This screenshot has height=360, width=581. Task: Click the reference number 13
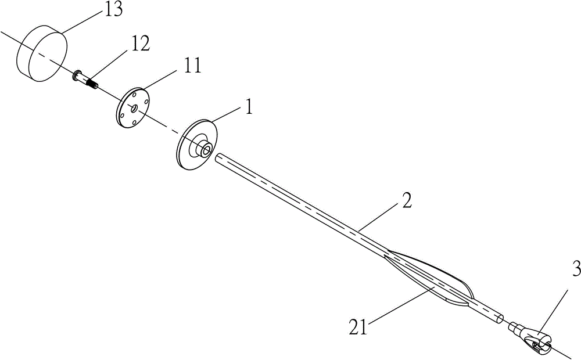point(113,10)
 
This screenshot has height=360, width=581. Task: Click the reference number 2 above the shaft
point(407,200)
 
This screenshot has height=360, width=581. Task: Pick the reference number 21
point(358,327)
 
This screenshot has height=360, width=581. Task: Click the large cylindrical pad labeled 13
point(42,53)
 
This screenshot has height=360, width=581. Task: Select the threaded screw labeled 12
point(85,80)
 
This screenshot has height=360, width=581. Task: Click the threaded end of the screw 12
point(92,84)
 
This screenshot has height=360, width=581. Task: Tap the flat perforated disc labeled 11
point(133,108)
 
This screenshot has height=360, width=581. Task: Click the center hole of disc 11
point(134,108)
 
